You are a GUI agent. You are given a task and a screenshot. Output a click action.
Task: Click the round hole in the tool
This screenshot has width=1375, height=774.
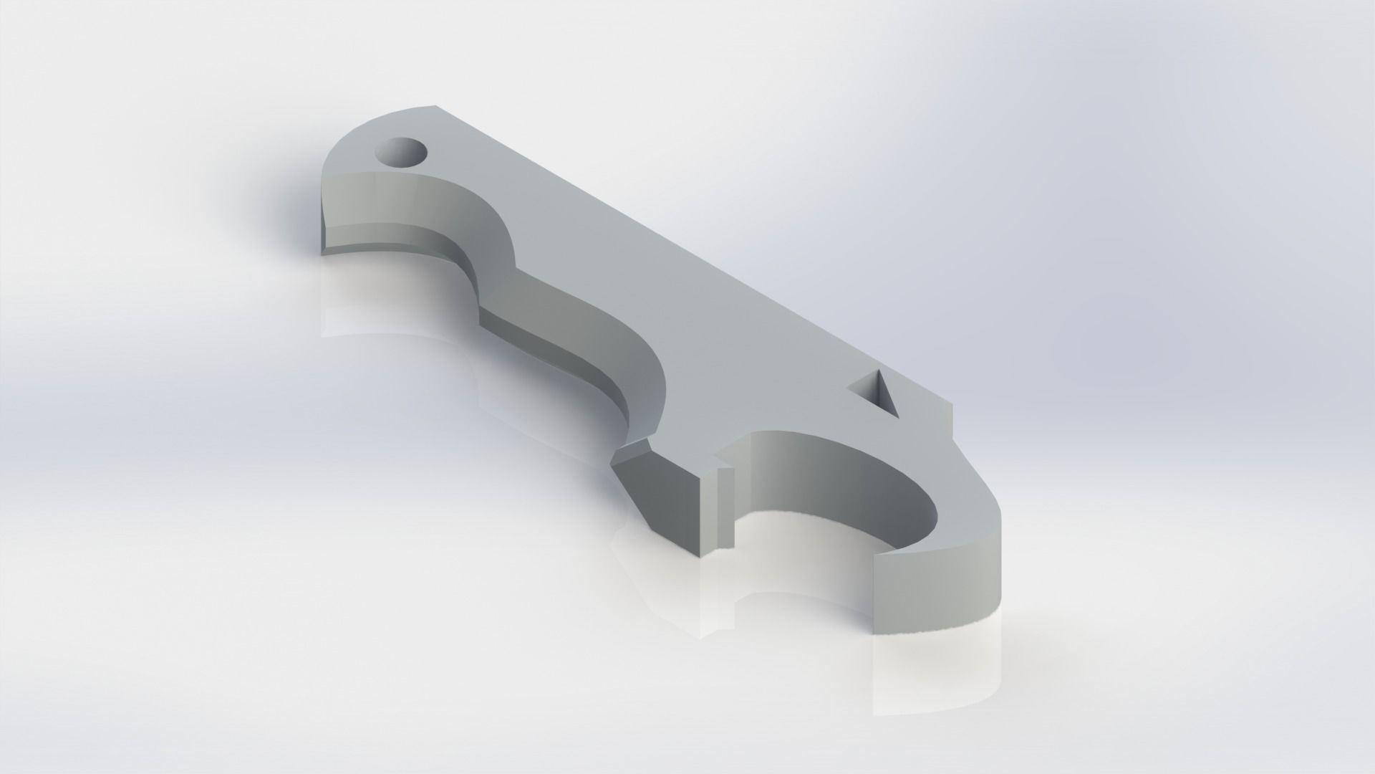[x=401, y=152]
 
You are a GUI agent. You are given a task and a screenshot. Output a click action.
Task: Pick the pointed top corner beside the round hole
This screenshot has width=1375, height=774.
[x=434, y=107]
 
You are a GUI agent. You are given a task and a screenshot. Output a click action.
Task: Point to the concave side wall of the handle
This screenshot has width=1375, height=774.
[x=573, y=330]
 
